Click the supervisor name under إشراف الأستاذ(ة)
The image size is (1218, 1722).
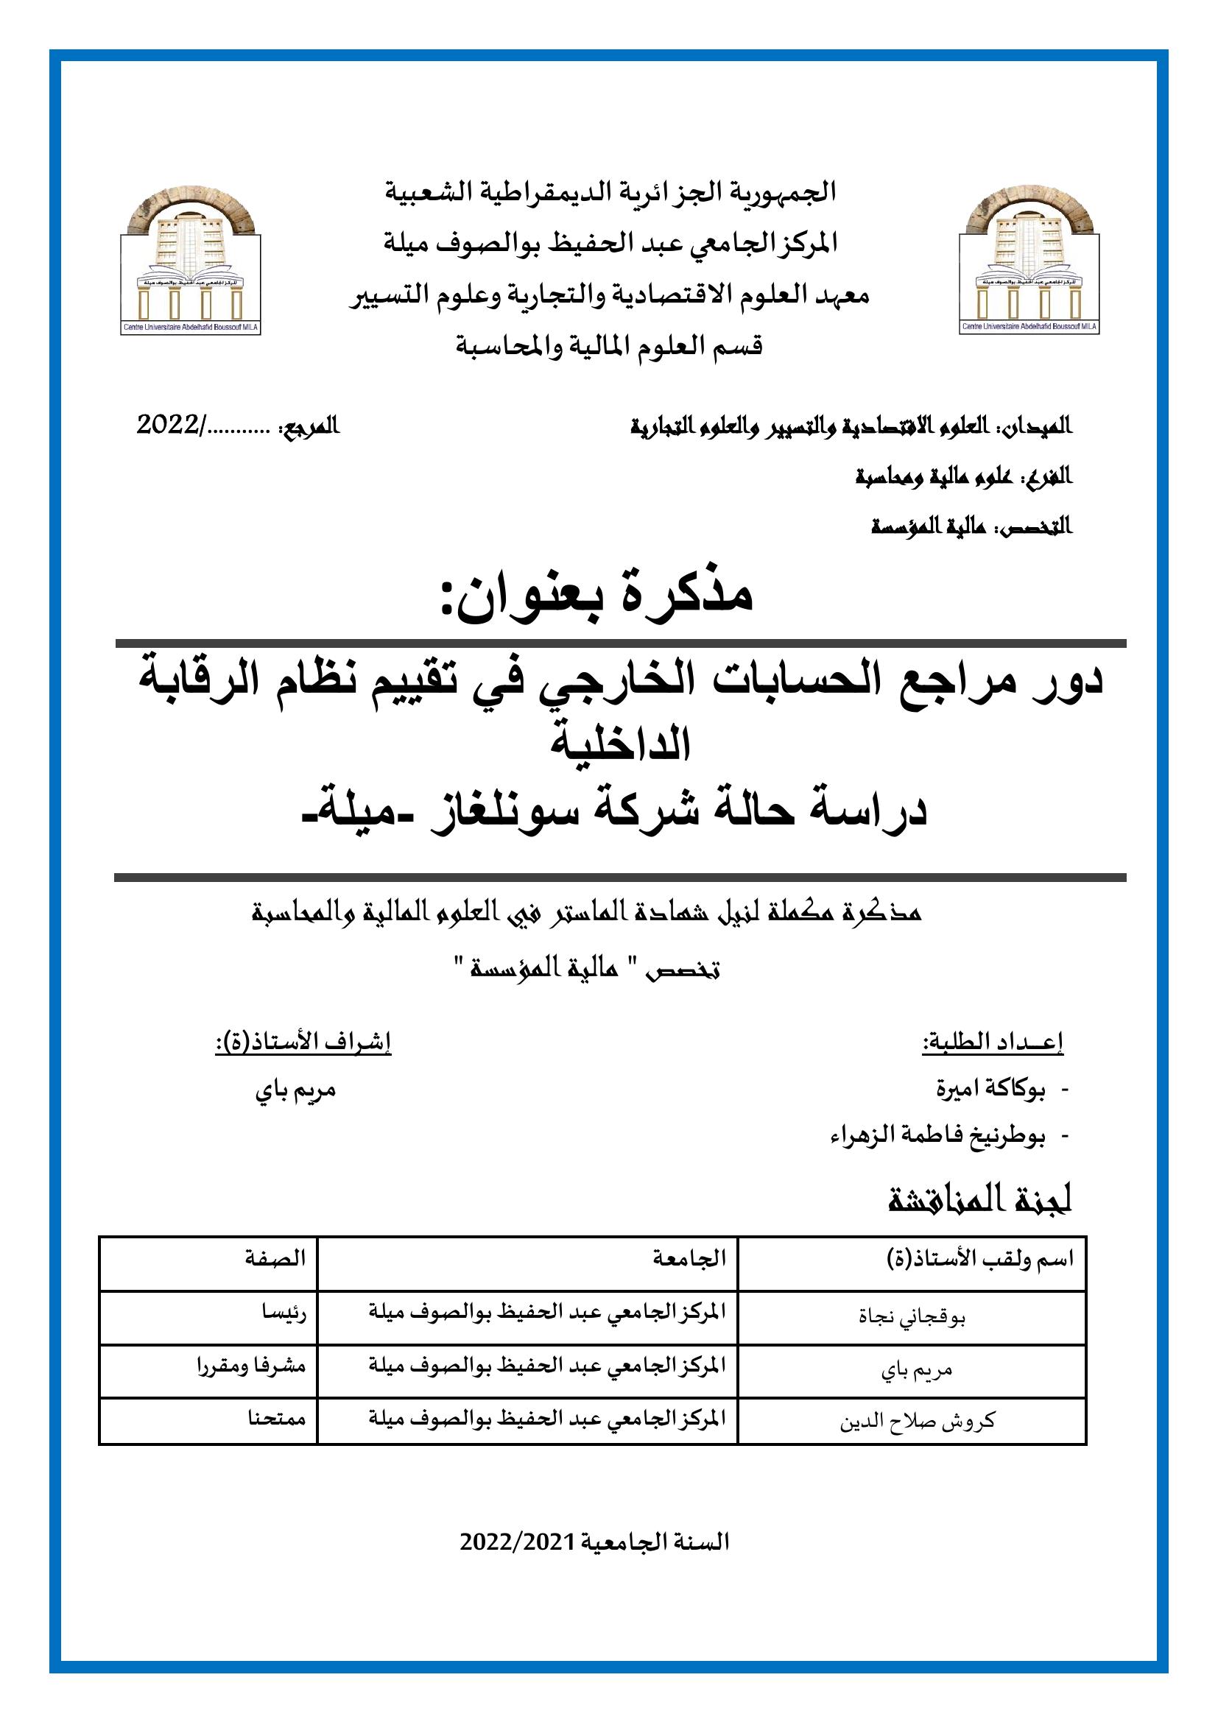point(295,1089)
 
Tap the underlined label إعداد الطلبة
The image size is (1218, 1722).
point(993,1042)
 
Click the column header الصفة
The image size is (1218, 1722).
point(275,1257)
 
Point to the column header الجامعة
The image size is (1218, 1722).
point(689,1257)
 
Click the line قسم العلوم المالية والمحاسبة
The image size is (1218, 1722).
point(609,347)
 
